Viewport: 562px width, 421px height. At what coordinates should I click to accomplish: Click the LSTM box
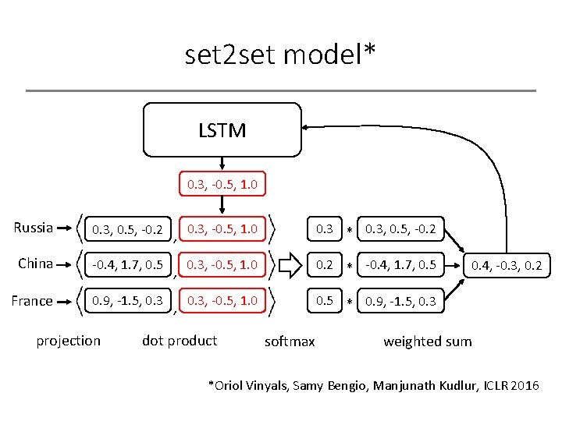[222, 130]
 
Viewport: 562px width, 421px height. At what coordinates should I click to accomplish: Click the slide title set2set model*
[280, 55]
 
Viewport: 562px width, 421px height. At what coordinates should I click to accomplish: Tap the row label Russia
[34, 228]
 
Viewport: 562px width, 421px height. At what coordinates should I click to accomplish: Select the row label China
[36, 264]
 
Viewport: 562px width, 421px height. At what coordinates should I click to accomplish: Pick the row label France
[33, 300]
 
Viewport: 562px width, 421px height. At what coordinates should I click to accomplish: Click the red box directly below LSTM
[222, 185]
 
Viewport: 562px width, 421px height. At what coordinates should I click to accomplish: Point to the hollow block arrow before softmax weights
[289, 265]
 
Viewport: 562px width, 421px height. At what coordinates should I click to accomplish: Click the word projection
[69, 340]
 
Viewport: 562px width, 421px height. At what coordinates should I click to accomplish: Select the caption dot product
[180, 340]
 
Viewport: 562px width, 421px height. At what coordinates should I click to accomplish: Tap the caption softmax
[290, 341]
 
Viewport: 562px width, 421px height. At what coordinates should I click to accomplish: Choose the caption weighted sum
[428, 341]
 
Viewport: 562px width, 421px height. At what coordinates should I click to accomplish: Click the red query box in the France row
[222, 300]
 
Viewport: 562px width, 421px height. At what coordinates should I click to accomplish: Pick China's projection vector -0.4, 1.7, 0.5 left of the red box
[127, 265]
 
